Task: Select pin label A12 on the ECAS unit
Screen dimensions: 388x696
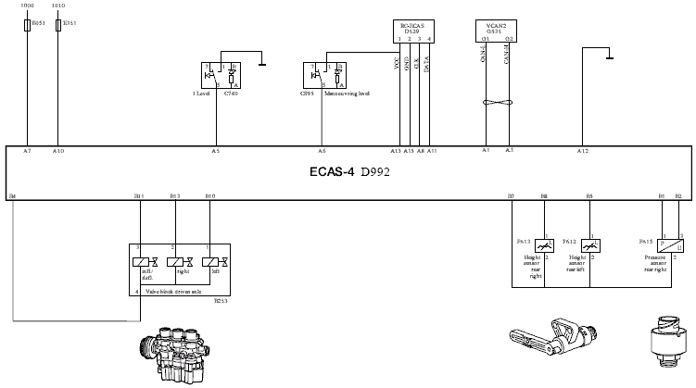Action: pyautogui.click(x=582, y=150)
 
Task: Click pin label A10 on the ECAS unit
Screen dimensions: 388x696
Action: pyautogui.click(x=58, y=150)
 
